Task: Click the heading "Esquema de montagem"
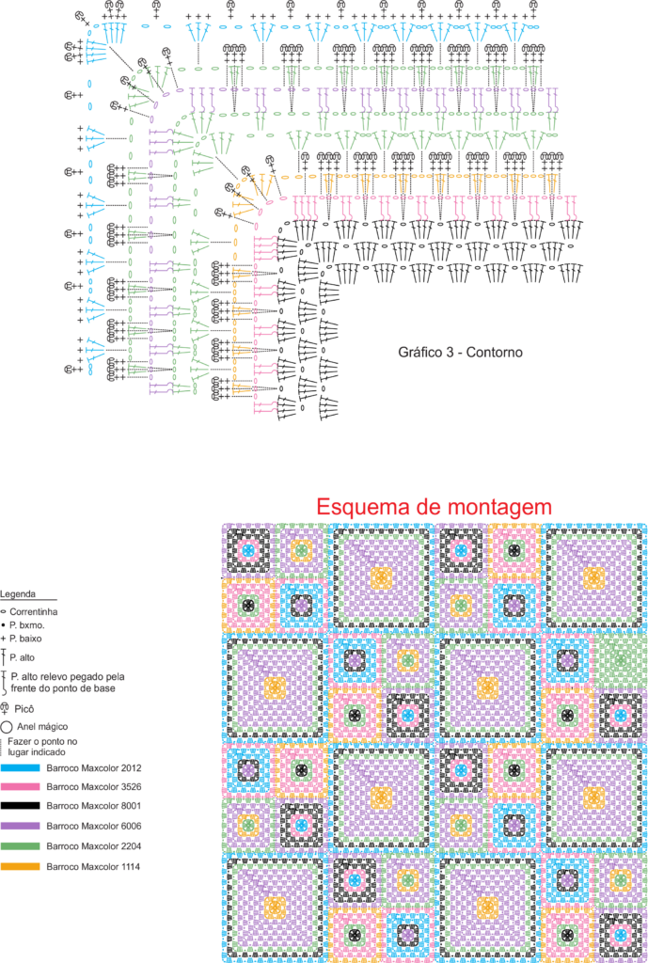point(435,507)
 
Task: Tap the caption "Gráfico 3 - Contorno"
point(460,354)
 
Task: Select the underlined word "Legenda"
point(18,594)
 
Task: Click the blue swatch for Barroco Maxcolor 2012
point(21,767)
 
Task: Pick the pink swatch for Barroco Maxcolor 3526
point(21,787)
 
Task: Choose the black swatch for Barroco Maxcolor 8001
point(21,807)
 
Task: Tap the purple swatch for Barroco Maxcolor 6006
point(21,827)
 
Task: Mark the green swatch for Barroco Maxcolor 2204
point(21,846)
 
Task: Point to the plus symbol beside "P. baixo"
point(4,639)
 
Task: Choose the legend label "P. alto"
point(23,657)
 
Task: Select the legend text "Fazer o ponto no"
point(38,742)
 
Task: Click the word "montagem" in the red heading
point(498,508)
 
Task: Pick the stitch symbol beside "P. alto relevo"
point(4,683)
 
